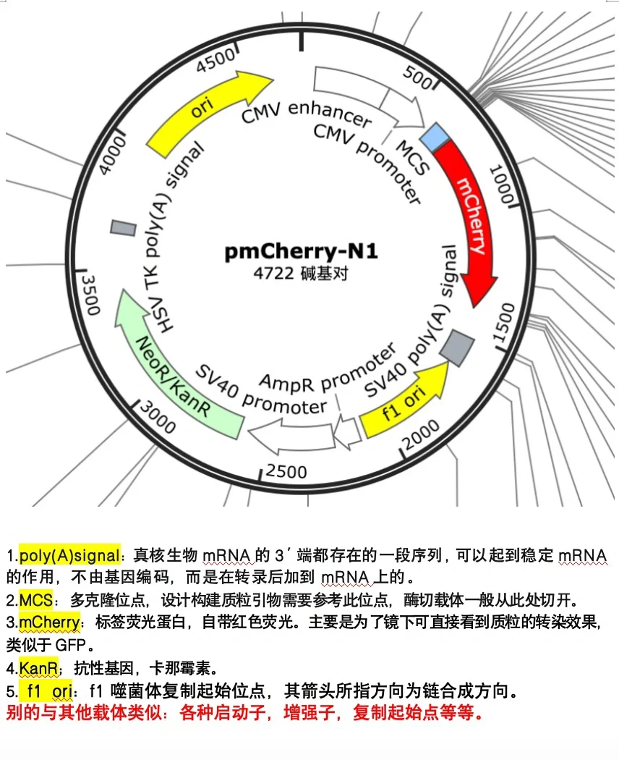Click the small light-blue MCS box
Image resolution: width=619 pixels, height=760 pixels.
click(435, 136)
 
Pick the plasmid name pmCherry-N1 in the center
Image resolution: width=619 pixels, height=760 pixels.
click(301, 252)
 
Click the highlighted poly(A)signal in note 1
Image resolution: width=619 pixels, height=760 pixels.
click(69, 556)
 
